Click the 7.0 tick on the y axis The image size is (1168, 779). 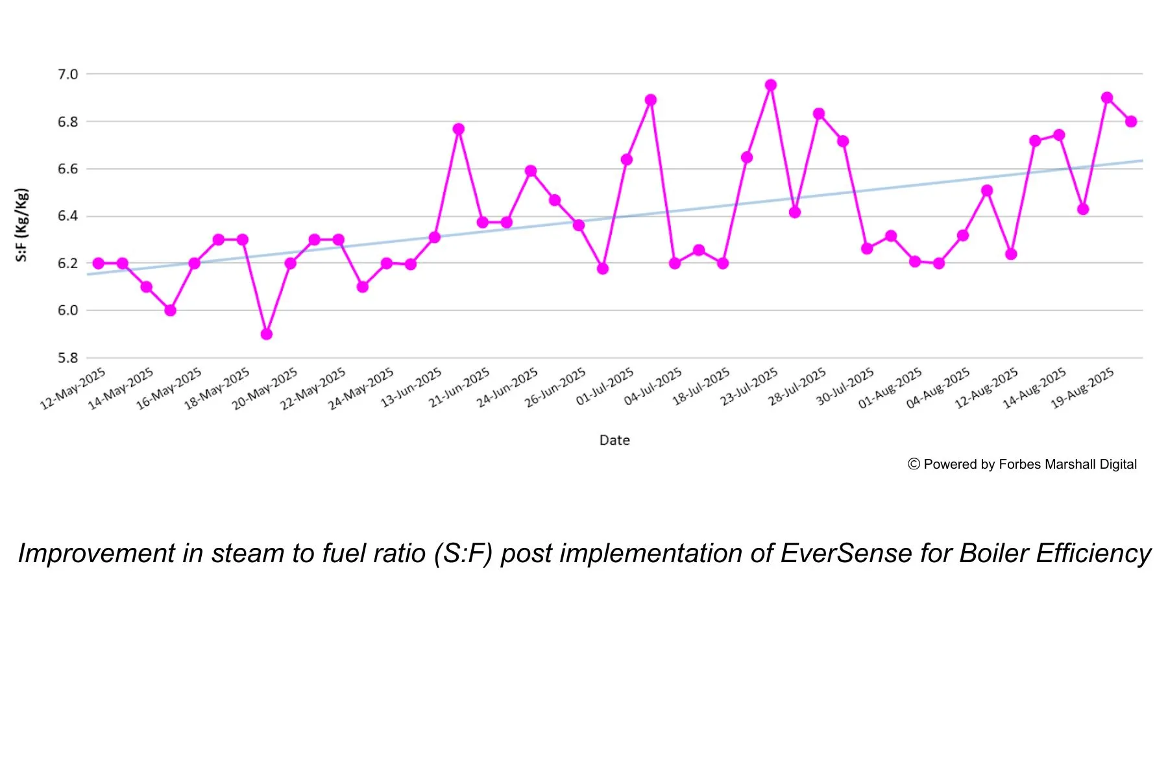pyautogui.click(x=67, y=75)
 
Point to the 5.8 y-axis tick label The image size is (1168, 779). pyautogui.click(x=67, y=358)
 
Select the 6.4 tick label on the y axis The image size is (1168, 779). pyautogui.click(x=67, y=216)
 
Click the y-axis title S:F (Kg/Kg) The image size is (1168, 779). pyautogui.click(x=22, y=225)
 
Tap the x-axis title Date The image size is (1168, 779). pyautogui.click(x=614, y=440)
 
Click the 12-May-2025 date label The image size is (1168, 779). pyautogui.click(x=73, y=388)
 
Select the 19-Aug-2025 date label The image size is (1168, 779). pyautogui.click(x=1082, y=388)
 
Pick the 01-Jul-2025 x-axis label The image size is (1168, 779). pyautogui.click(x=605, y=387)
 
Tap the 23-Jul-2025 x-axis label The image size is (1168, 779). pyautogui.click(x=749, y=387)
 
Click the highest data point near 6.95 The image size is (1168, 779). pyautogui.click(x=771, y=85)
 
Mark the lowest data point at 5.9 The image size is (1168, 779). pyautogui.click(x=266, y=334)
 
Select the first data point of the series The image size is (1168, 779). pyautogui.click(x=99, y=264)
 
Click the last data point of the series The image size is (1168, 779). pyautogui.click(x=1131, y=121)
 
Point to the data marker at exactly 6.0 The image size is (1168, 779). pyautogui.click(x=170, y=310)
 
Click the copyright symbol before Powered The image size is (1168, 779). pyautogui.click(x=914, y=464)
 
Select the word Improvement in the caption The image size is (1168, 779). pyautogui.click(x=97, y=554)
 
